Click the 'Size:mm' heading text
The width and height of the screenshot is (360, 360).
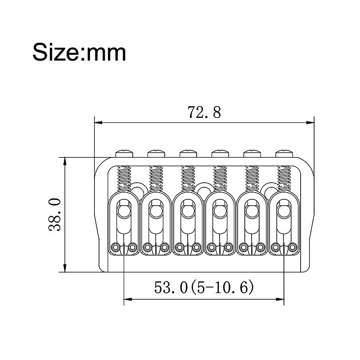pos(79,53)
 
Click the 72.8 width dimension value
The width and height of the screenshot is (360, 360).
pos(204,112)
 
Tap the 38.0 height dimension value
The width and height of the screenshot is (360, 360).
pos(54,215)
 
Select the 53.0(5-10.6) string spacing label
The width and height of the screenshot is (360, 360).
pos(204,287)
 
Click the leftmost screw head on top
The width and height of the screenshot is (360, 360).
pos(125,153)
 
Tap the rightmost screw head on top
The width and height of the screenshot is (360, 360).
pos(284,153)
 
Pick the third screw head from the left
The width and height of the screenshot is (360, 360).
pos(188,153)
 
